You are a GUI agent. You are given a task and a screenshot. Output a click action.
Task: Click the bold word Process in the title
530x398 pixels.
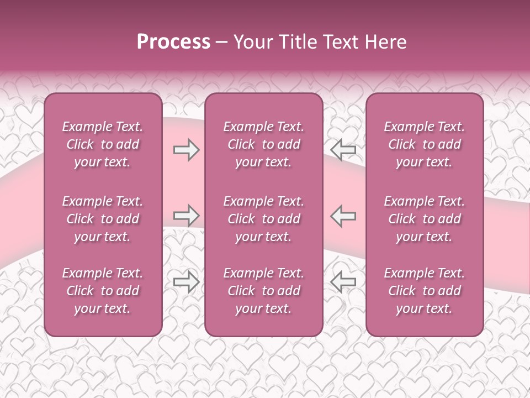173,41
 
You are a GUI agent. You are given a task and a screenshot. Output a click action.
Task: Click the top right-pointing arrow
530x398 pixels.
186,150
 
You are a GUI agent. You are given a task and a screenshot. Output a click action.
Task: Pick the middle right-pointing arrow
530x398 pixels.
186,216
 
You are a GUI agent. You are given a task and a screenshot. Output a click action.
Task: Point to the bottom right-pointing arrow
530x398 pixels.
186,282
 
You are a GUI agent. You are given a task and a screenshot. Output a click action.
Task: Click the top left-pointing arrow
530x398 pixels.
343,150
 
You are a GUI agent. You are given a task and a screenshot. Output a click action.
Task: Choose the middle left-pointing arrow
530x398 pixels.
343,216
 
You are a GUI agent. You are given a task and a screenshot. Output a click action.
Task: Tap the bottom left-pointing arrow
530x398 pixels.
343,282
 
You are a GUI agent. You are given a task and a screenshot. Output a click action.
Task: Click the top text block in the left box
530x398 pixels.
103,144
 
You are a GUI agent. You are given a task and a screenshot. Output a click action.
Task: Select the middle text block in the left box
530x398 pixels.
103,219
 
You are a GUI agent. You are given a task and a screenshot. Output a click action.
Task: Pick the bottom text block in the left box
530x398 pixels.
103,291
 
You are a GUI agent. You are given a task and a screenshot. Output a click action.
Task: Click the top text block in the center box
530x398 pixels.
263,144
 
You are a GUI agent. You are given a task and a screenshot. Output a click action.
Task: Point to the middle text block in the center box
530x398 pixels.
263,219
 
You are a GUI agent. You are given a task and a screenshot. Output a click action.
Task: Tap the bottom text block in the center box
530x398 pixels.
263,291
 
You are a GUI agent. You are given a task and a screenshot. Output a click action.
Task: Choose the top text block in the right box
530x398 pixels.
424,144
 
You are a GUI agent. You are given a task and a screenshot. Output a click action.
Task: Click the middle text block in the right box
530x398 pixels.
424,219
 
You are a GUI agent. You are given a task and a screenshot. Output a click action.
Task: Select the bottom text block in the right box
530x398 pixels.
424,291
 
